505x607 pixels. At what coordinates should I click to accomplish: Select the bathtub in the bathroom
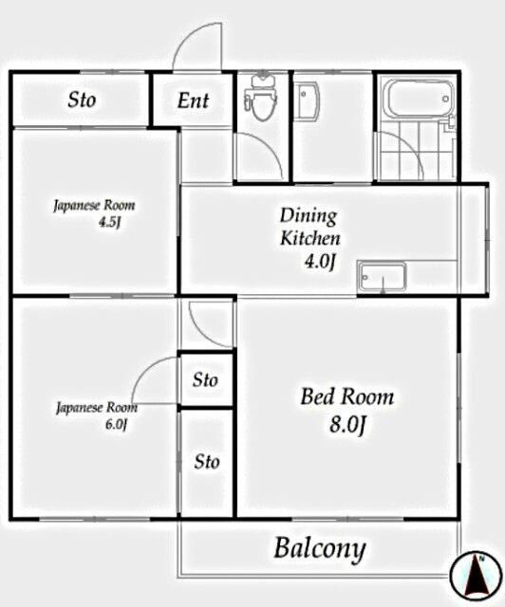(x=419, y=99)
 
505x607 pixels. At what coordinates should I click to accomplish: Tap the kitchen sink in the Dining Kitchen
(x=383, y=276)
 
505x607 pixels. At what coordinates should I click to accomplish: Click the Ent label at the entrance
(x=193, y=101)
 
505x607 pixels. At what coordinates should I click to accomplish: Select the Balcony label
(x=320, y=549)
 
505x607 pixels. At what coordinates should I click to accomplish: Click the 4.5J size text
(x=110, y=223)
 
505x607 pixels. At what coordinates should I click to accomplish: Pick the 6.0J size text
(x=116, y=424)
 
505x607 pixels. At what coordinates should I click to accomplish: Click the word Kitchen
(x=310, y=238)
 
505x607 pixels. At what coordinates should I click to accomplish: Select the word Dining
(x=309, y=215)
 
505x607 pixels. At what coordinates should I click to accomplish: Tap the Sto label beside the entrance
(x=82, y=100)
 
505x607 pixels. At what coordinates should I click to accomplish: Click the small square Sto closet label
(x=205, y=379)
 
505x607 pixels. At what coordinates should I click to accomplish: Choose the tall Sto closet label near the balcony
(x=207, y=462)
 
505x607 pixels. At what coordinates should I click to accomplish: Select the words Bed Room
(x=346, y=396)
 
